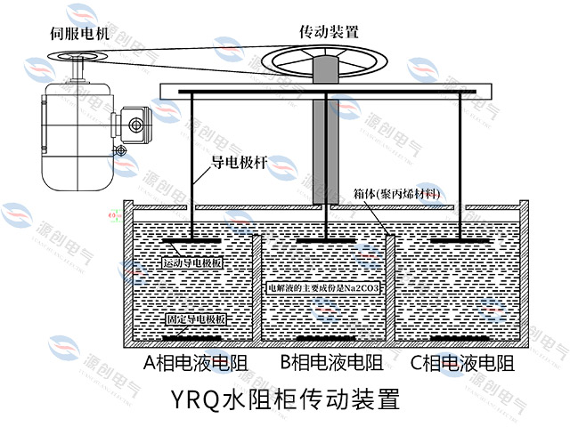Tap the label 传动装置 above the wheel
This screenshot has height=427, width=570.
(x=329, y=31)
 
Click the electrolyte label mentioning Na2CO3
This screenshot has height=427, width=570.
(x=324, y=289)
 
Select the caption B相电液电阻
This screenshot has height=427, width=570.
(x=331, y=362)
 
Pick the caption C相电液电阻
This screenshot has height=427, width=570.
(x=462, y=362)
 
